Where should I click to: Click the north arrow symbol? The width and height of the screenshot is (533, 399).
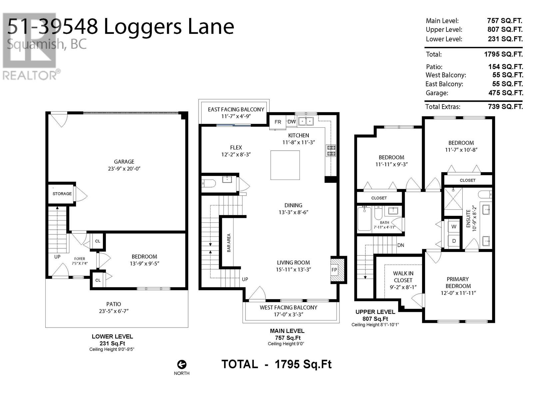(182, 365)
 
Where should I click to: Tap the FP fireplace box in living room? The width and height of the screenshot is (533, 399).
(334, 270)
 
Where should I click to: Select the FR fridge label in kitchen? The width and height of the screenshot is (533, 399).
(278, 122)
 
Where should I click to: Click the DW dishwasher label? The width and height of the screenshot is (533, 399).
(291, 122)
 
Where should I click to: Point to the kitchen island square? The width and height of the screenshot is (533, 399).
(285, 165)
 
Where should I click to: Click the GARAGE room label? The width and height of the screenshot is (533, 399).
(124, 162)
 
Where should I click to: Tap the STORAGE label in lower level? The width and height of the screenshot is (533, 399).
(62, 194)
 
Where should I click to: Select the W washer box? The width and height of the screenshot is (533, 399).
(454, 227)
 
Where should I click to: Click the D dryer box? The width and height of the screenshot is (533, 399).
(454, 241)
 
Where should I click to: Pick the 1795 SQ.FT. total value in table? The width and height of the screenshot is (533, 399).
(503, 54)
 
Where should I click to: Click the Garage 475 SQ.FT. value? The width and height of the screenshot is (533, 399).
(506, 93)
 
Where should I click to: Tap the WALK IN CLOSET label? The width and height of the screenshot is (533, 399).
(403, 277)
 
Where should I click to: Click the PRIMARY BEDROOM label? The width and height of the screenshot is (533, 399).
(458, 283)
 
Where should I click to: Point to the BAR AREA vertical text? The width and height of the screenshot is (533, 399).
(229, 243)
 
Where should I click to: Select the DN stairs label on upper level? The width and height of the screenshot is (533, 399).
(400, 245)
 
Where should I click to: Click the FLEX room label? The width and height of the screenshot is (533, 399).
(236, 147)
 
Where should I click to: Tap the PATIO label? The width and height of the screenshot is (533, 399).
(114, 304)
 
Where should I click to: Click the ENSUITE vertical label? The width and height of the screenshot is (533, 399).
(468, 218)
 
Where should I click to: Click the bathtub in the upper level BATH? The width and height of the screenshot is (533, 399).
(364, 219)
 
